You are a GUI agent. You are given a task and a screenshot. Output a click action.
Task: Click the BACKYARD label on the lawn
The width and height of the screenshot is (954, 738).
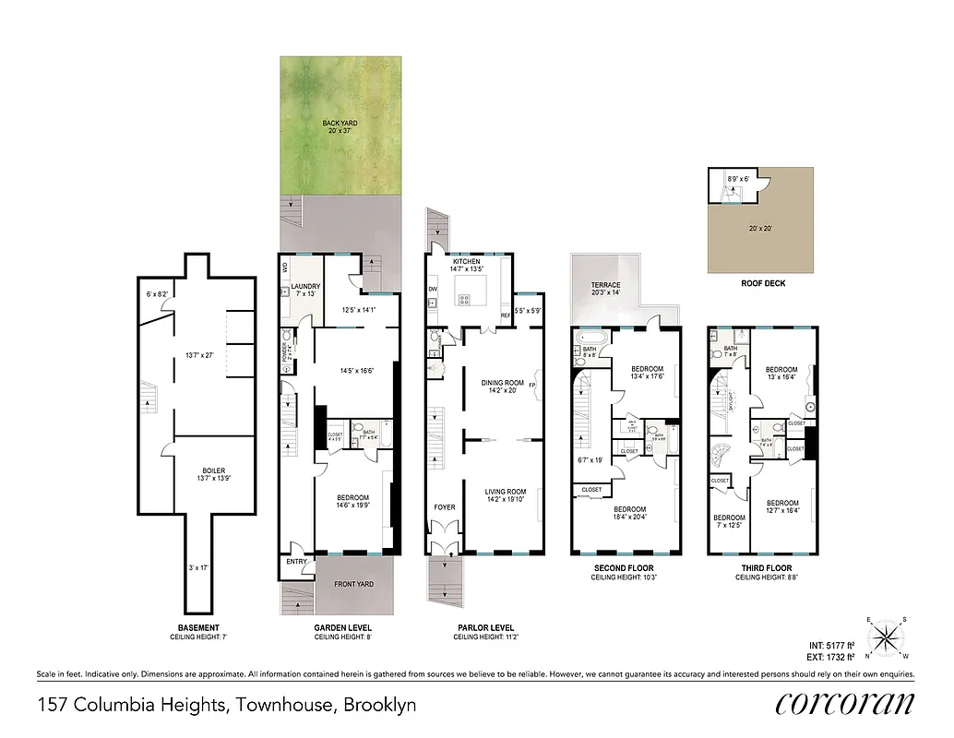340,123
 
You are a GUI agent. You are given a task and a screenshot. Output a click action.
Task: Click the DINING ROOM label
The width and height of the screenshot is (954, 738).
502,383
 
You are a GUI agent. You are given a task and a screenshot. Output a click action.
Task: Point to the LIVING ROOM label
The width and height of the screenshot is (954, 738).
505,492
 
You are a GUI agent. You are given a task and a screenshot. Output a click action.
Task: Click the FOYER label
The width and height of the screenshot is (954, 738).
445,507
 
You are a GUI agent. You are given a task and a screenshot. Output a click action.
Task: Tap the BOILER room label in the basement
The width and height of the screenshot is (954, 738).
213,470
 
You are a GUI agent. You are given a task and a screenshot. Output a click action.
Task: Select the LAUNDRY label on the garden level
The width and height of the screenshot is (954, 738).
304,287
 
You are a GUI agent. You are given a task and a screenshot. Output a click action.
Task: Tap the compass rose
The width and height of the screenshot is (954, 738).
888,637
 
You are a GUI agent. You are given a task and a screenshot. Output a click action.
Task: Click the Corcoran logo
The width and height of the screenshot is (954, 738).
845,704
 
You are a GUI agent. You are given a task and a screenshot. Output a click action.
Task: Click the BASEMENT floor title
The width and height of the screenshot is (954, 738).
194,628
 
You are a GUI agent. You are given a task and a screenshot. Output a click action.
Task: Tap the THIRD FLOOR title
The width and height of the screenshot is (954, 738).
763,568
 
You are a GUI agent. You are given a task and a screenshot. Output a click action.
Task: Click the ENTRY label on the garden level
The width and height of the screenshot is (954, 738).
296,561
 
